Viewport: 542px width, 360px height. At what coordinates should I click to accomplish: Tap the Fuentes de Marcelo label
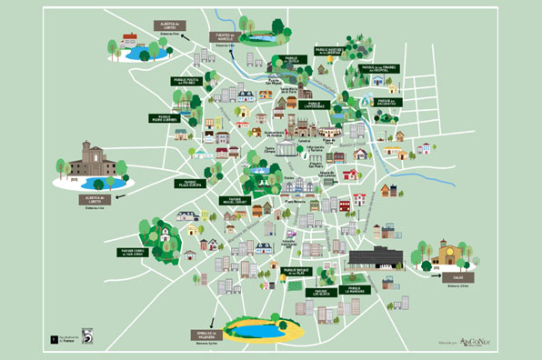click(226, 37)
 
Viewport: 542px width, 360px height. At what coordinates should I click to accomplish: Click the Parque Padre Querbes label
click(165, 117)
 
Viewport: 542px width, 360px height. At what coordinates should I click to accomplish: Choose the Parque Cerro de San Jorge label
click(134, 252)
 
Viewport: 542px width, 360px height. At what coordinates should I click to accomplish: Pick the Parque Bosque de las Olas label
click(301, 271)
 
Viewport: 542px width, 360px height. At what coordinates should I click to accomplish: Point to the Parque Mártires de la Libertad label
click(330, 51)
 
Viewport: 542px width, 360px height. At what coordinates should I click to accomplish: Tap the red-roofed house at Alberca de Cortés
click(130, 41)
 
